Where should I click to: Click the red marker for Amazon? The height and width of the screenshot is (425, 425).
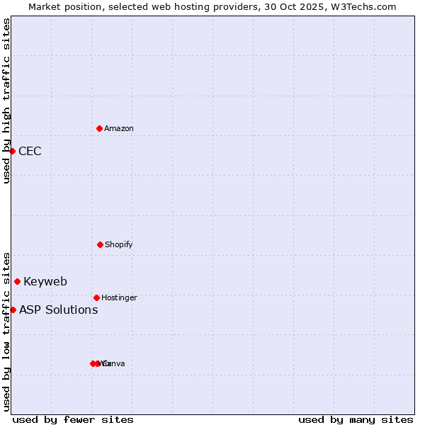[99, 128]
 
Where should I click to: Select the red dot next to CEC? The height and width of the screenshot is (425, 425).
[12, 151]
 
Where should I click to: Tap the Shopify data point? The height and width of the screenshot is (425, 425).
[100, 244]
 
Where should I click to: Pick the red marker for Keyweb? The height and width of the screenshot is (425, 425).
[17, 281]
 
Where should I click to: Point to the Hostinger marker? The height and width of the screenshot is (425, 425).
[96, 297]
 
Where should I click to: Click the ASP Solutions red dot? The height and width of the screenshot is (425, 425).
[13, 310]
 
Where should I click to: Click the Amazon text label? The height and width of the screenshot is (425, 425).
[119, 128]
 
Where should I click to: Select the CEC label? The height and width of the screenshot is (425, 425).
[30, 151]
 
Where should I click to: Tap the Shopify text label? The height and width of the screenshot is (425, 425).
[119, 244]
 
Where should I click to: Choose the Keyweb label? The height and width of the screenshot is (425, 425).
[45, 281]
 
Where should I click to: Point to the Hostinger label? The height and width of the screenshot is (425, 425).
[119, 297]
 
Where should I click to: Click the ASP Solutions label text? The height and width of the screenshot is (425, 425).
[58, 310]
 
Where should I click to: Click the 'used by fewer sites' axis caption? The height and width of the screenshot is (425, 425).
[73, 419]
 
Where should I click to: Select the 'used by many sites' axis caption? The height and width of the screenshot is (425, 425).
[356, 419]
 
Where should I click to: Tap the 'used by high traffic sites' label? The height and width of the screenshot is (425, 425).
[6, 101]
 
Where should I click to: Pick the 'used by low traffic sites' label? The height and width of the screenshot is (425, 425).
[6, 331]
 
